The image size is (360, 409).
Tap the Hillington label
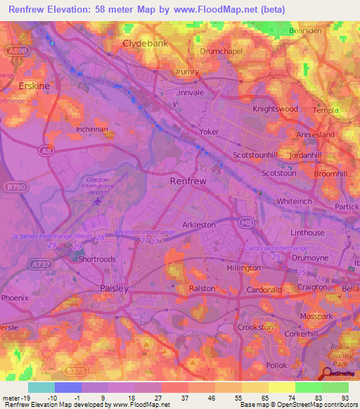tap(243, 268)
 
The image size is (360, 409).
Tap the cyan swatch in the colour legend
tap(41, 387)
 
